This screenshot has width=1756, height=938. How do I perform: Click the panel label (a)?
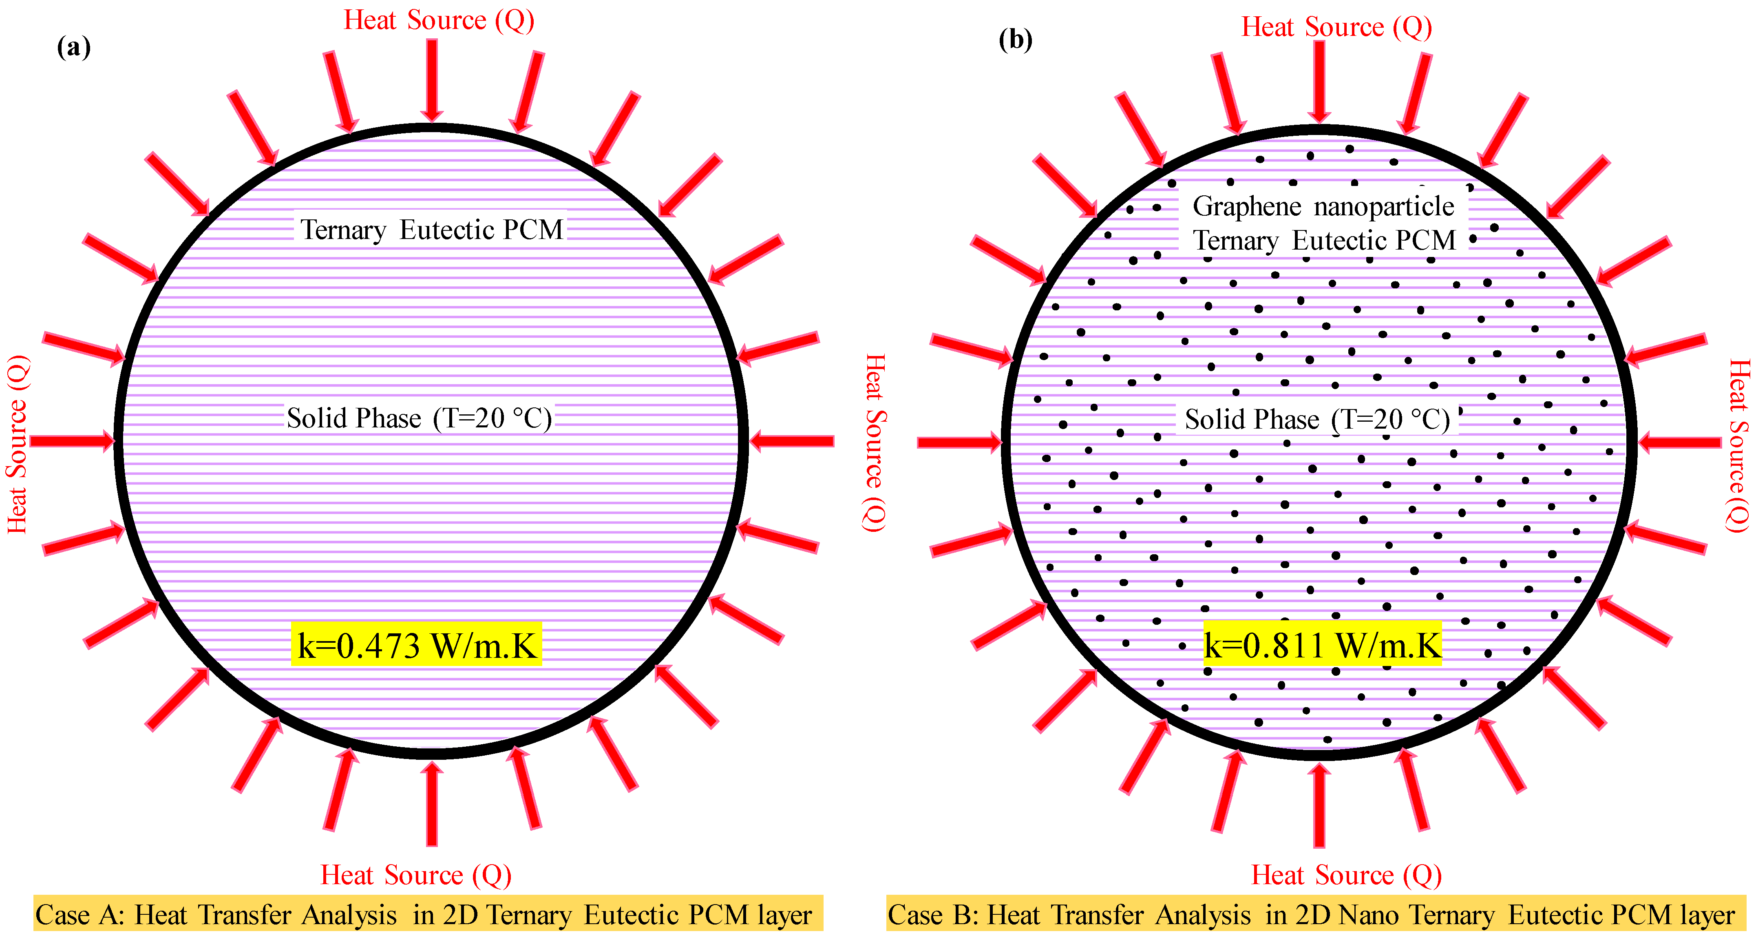74,48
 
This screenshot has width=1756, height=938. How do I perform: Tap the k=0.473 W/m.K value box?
417,644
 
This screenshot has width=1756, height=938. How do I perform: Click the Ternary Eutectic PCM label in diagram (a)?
431,230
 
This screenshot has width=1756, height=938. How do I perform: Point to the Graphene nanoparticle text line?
1323,206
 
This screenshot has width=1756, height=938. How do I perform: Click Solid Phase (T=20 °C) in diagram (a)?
419,418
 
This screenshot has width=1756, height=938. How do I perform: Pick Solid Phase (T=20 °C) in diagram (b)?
1317,419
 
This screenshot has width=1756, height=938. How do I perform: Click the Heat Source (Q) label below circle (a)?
416,875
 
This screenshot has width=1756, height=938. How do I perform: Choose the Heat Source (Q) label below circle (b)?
1346,875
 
